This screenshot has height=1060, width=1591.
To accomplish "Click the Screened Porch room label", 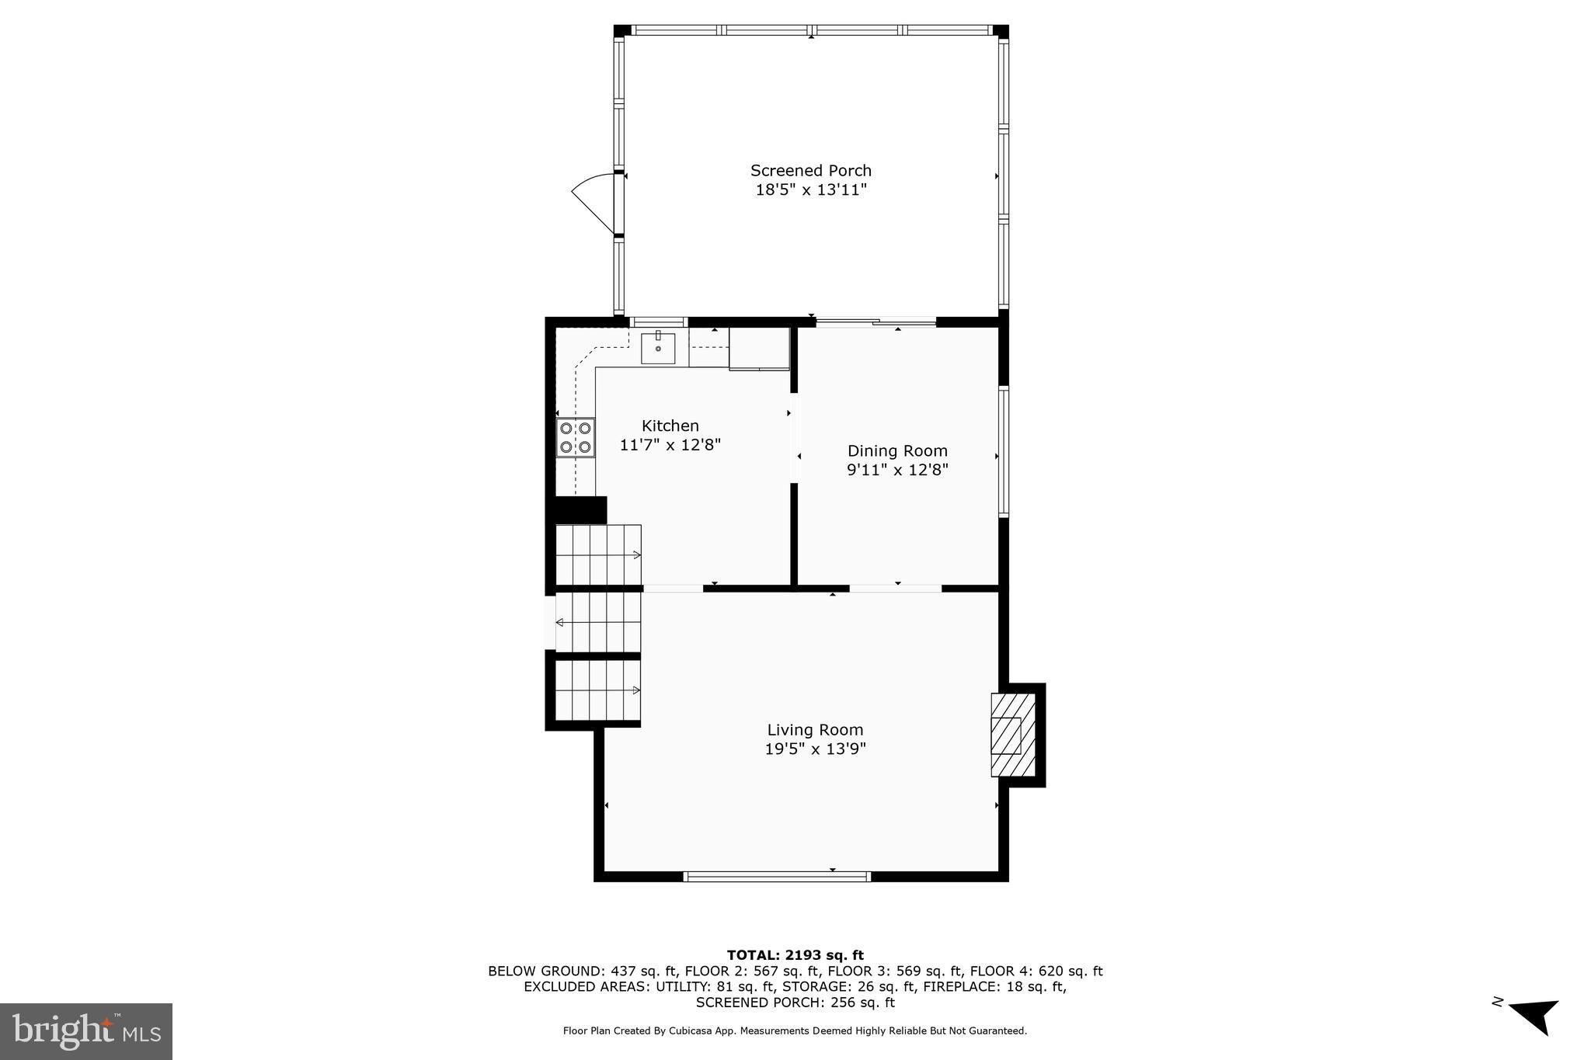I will coord(810,170).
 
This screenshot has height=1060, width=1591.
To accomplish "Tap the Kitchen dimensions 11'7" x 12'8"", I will coord(670,445).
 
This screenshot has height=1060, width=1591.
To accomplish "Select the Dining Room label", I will coord(897,450).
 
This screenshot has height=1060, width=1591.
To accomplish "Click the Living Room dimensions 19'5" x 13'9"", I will coord(815,749).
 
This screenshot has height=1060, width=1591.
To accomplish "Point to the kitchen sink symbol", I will coord(657,349).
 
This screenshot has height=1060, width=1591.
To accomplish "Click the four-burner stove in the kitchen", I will coord(575,437).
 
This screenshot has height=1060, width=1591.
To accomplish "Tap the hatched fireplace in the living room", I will coord(1013,735).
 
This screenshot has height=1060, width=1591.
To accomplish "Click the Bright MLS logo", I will coord(86,1031).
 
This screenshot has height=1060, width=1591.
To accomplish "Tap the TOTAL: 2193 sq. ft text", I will coord(795,955).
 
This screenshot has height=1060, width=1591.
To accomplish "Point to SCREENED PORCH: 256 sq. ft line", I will coord(795,1003).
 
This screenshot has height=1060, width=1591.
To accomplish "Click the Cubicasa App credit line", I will coord(795,1031).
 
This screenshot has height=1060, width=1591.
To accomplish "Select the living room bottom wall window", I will coord(777,877).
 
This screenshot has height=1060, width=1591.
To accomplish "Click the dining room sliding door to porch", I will coord(876,321).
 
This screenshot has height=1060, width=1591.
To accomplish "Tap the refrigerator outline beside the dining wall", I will coord(759,348).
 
